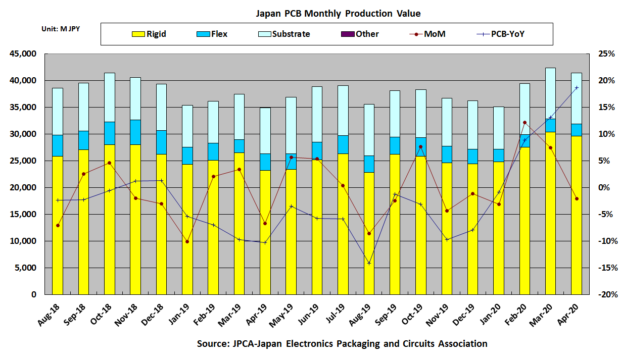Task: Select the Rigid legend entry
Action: tap(149, 34)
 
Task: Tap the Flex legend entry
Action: tap(212, 34)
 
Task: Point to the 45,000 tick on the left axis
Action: tap(22, 54)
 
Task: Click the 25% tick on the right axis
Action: tap(604, 54)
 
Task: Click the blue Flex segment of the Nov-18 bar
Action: tap(135, 132)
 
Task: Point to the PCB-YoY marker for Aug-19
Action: tap(369, 263)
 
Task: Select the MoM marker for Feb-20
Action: tap(524, 122)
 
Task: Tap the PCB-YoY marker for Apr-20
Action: tap(577, 88)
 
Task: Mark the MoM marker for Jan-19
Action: tap(187, 242)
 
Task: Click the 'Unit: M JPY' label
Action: tap(60, 29)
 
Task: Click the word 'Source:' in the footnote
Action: tap(213, 344)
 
